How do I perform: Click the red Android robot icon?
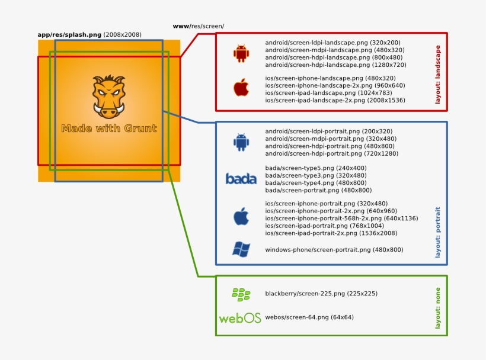(x=241, y=53)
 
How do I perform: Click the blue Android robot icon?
(x=241, y=142)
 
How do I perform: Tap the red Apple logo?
(x=241, y=88)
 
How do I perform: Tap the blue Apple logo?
(x=241, y=216)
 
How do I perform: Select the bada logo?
(x=241, y=178)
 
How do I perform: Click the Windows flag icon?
(x=241, y=249)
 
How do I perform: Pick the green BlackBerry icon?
(x=241, y=293)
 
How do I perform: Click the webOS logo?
(x=240, y=318)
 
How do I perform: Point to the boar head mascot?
(x=109, y=97)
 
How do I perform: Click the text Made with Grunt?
(x=109, y=128)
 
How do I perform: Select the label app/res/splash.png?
(x=70, y=35)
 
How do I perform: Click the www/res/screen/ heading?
(x=198, y=26)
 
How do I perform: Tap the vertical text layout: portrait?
(x=438, y=232)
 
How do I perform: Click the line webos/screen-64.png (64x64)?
(x=309, y=317)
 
